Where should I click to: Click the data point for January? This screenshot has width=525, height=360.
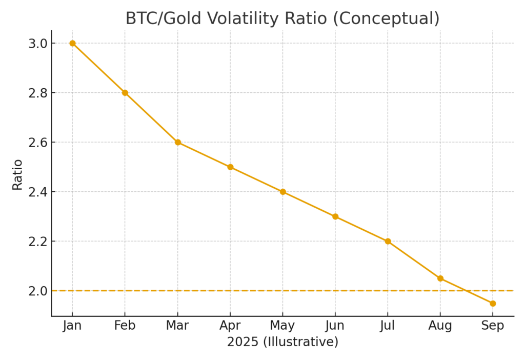coord(72,43)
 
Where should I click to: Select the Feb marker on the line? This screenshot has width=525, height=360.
coord(125,93)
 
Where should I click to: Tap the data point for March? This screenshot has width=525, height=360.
coord(177,142)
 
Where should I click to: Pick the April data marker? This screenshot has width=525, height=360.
coord(230,167)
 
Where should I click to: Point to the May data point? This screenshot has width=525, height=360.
coord(282,192)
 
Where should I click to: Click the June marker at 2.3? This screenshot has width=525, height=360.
coord(335,216)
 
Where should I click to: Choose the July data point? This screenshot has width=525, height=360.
coord(388,241)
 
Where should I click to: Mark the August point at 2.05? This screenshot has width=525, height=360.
coord(440,278)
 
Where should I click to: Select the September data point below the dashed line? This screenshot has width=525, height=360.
coord(493,304)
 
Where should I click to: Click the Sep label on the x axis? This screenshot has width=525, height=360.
coord(493,326)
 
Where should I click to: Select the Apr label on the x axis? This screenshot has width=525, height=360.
coord(230,326)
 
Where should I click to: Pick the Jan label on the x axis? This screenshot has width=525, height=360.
coord(72,326)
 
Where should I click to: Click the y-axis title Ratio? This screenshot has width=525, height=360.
coord(17,174)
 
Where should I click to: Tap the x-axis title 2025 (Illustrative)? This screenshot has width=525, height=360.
coord(282,342)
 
